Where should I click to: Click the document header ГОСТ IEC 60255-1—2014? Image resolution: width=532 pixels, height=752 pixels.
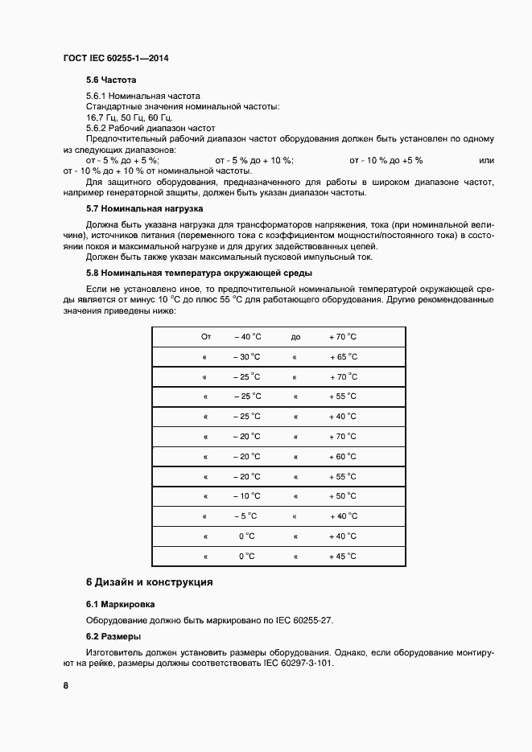115,59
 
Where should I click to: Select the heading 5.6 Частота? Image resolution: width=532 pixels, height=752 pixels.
111,80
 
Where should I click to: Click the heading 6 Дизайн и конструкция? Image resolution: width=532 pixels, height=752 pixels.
149,581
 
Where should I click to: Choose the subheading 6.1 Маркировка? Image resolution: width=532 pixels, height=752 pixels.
121,603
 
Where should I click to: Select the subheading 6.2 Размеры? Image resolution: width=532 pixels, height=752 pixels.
113,636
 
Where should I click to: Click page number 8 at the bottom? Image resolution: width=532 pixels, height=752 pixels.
66,685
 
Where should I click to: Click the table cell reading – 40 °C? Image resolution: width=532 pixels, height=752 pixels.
248,337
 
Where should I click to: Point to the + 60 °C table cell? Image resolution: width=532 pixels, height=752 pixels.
342,456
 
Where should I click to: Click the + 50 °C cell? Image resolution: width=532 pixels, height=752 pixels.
342,496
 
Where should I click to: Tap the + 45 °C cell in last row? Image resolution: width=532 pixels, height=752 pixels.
342,556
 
